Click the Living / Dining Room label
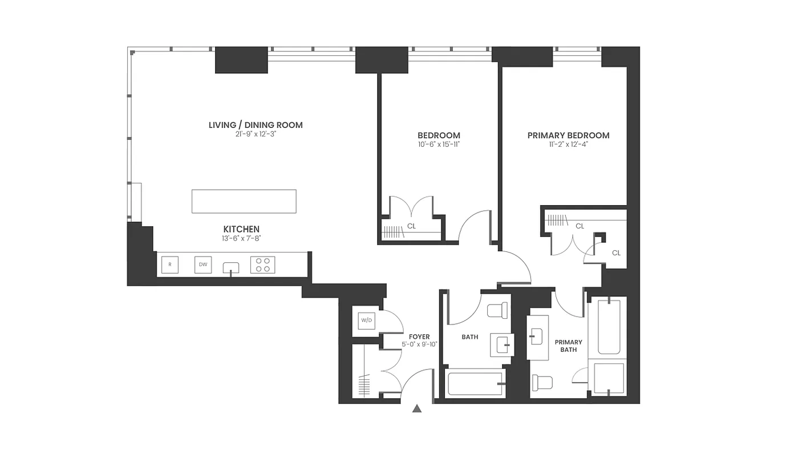256,125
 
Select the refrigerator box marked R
170,265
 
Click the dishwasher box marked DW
203,265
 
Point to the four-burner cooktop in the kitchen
262,265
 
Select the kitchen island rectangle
244,201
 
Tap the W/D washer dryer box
366,320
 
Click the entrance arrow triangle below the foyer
417,408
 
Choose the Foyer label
419,337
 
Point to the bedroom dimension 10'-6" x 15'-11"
439,145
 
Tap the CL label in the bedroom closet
411,226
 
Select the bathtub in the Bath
475,384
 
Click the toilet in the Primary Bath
542,381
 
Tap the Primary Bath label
568,346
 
